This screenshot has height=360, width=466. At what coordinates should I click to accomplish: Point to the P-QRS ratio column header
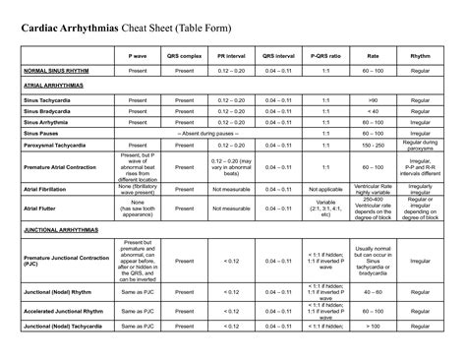(325, 58)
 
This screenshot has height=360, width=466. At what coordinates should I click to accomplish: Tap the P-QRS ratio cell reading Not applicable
(325, 185)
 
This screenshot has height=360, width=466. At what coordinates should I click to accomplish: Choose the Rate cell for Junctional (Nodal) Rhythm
(372, 319)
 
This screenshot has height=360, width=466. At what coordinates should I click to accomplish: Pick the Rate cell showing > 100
(372, 353)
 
